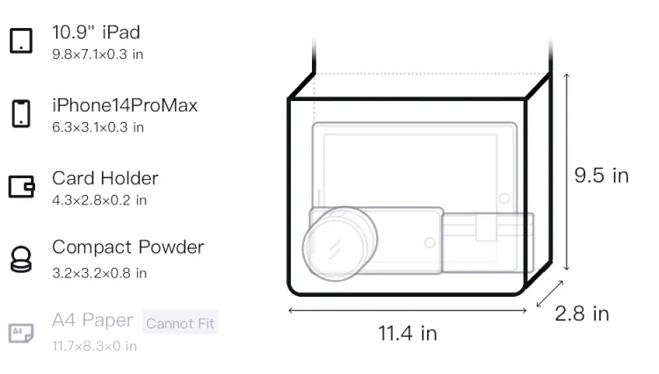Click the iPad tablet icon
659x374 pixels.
tap(21, 40)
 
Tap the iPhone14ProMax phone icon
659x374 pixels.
tap(21, 113)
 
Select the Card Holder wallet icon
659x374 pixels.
tap(21, 186)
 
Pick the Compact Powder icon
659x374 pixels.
tap(20, 259)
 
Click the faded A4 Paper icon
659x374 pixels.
tap(21, 333)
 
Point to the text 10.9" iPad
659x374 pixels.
tap(96, 32)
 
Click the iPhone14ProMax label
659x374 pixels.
tap(125, 105)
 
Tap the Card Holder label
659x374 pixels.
tap(105, 178)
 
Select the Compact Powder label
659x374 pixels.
tap(127, 248)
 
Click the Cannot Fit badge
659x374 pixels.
tap(180, 323)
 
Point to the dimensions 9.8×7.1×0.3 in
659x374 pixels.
tap(98, 54)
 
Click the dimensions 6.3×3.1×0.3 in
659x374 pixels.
tap(98, 127)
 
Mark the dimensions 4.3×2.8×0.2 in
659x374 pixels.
tap(99, 200)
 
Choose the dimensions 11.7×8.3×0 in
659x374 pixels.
tap(94, 346)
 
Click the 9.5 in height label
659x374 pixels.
tap(601, 176)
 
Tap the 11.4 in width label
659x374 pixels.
tap(407, 334)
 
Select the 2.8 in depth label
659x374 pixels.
tap(582, 313)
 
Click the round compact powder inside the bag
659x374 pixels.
tap(339, 243)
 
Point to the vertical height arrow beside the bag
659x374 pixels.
tap(567, 172)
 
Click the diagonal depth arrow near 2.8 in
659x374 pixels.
tap(550, 294)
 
